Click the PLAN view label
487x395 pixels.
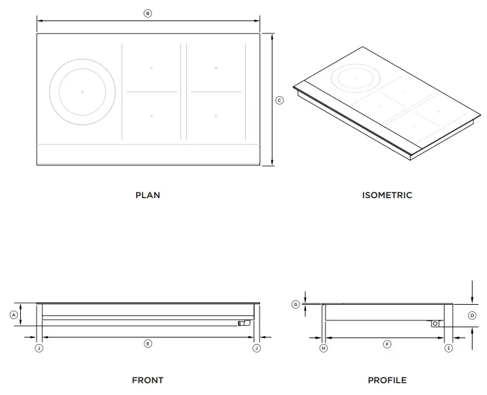[x=147, y=195]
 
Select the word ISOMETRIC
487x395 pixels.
[x=387, y=195]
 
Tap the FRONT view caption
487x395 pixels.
[x=147, y=380]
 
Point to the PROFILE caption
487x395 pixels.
[x=387, y=380]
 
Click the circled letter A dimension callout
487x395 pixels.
[x=13, y=315]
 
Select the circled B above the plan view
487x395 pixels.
[x=148, y=13]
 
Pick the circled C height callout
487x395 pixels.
[x=280, y=100]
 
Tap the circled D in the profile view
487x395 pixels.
[x=472, y=315]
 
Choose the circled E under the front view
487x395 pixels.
[x=148, y=344]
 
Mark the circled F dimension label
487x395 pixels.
[x=387, y=344]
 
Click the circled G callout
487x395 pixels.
[x=295, y=305]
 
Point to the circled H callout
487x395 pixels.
[x=323, y=349]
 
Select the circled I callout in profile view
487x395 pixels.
[x=448, y=349]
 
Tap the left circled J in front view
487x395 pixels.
[x=39, y=349]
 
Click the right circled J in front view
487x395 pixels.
[x=256, y=349]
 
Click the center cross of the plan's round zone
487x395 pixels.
[x=82, y=92]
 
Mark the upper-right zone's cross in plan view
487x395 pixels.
[x=216, y=67]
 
